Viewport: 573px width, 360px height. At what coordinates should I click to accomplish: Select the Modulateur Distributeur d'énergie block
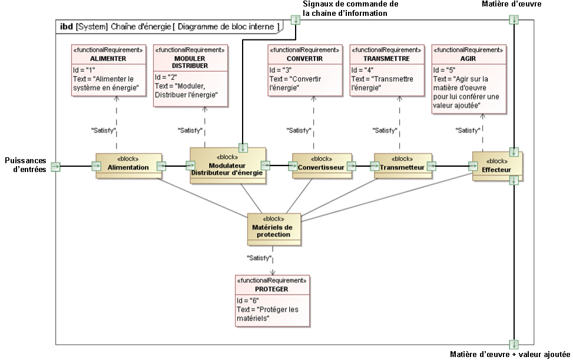point(227,166)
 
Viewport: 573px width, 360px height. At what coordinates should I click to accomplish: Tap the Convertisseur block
point(322,167)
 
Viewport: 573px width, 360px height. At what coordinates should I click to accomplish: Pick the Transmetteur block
point(403,167)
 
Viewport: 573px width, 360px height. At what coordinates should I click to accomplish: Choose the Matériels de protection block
point(273,229)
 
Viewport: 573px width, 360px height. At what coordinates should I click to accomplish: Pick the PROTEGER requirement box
point(271,300)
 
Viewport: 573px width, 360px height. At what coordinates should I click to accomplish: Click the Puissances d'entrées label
point(25,165)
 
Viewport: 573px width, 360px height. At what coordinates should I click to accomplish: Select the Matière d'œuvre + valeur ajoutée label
point(509,355)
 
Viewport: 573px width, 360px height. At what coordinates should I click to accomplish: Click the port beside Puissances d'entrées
point(55,167)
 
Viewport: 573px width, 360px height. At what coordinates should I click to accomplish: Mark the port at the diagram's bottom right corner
point(514,344)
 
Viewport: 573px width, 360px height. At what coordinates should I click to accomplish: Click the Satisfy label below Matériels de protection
point(259,258)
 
